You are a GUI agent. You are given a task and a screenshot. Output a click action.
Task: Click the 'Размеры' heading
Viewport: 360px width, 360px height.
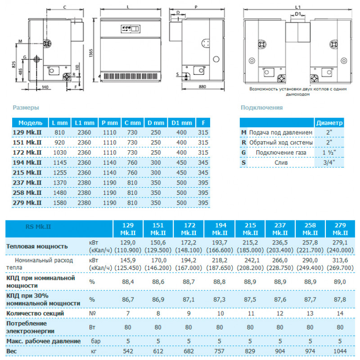pyautogui.click(x=26, y=108)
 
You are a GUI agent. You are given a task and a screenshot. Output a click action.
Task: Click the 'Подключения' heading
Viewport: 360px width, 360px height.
pyautogui.click(x=261, y=108)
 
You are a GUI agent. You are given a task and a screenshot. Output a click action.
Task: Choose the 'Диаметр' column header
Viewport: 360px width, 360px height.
pyautogui.click(x=329, y=123)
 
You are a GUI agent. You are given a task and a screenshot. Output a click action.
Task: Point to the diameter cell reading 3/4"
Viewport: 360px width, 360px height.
pyautogui.click(x=329, y=162)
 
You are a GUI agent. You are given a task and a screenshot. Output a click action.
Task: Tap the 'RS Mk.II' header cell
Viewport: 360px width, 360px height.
pyautogui.click(x=39, y=229)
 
